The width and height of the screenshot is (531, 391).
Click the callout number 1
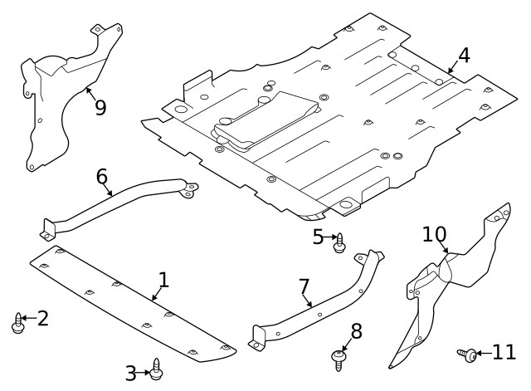coord(163,280)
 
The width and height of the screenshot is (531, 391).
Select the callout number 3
coord(131,373)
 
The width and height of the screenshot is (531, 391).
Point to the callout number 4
coord(463,56)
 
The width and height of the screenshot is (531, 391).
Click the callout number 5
coord(319,237)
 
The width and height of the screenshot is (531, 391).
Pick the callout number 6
coord(102,176)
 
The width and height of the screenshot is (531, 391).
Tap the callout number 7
coord(304,286)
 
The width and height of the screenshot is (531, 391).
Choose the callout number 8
coord(356,331)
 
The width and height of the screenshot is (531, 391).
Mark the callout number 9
coord(100,107)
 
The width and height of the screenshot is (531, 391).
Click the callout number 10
coord(434,234)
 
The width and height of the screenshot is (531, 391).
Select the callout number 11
coord(504,353)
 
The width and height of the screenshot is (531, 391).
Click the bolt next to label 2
coord(18,322)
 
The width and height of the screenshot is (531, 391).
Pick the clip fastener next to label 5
coord(339,242)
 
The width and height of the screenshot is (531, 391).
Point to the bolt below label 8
coord(338,359)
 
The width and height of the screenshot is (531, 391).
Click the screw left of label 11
coord(467,354)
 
